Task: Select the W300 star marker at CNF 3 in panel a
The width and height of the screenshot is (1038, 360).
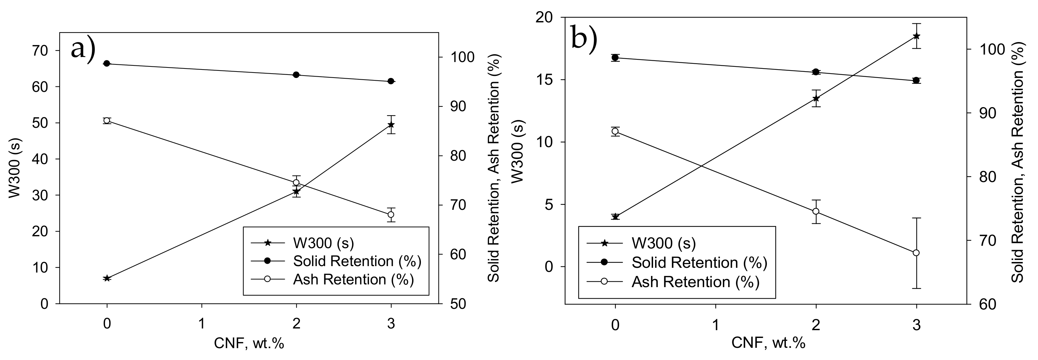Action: click(x=390, y=124)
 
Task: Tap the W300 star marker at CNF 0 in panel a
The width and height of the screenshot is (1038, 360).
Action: click(x=107, y=278)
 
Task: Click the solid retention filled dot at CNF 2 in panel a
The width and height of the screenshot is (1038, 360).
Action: click(x=296, y=75)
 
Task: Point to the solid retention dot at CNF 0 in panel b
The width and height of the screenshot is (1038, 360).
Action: click(x=615, y=58)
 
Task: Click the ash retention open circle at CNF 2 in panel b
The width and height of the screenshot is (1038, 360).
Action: click(x=816, y=211)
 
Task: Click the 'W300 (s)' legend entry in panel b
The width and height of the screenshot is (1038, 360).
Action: click(x=663, y=243)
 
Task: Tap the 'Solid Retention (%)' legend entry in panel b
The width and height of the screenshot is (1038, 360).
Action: click(x=699, y=262)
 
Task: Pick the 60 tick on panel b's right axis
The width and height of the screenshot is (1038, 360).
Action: click(x=984, y=304)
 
